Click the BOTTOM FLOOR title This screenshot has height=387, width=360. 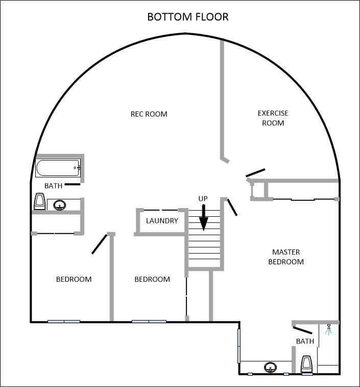click(x=188, y=17)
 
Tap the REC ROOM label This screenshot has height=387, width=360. click(x=149, y=114)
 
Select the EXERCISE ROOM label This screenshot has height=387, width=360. click(x=273, y=118)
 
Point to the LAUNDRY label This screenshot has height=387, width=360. click(x=162, y=221)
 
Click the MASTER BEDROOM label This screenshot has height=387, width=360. click(x=286, y=257)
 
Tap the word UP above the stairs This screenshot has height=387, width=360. click(x=203, y=199)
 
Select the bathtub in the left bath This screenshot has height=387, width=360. click(x=58, y=168)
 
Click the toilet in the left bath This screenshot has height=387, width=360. click(x=39, y=201)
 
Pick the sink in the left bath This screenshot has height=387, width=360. click(x=60, y=205)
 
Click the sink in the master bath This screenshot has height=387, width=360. click(x=270, y=367)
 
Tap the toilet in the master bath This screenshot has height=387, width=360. click(x=307, y=364)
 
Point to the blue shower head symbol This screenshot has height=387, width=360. click(x=328, y=330)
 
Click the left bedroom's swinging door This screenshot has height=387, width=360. click(x=100, y=244)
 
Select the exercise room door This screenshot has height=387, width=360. click(x=255, y=173)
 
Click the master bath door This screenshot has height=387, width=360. click(x=302, y=330)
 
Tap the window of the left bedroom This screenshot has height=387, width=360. click(x=64, y=322)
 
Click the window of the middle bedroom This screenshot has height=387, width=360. click(x=149, y=322)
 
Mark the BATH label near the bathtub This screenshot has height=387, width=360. click(x=53, y=186)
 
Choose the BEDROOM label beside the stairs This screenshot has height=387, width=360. click(x=152, y=279)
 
